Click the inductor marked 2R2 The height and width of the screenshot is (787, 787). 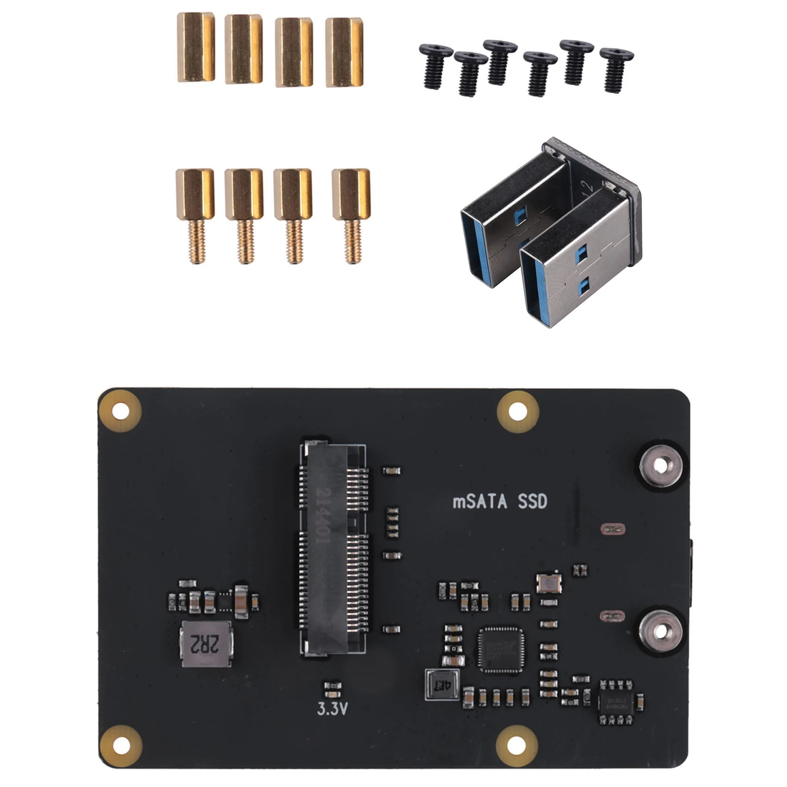[x=206, y=643]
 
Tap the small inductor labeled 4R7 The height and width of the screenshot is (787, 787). [x=442, y=685]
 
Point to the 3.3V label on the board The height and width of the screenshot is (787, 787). [x=332, y=709]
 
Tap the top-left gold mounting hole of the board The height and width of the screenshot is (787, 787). [x=120, y=411]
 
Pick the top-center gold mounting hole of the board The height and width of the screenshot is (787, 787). [x=518, y=411]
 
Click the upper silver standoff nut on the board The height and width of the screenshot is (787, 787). [x=661, y=466]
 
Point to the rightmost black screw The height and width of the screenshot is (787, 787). [x=616, y=69]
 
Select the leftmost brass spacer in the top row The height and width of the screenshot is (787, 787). [x=196, y=47]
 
